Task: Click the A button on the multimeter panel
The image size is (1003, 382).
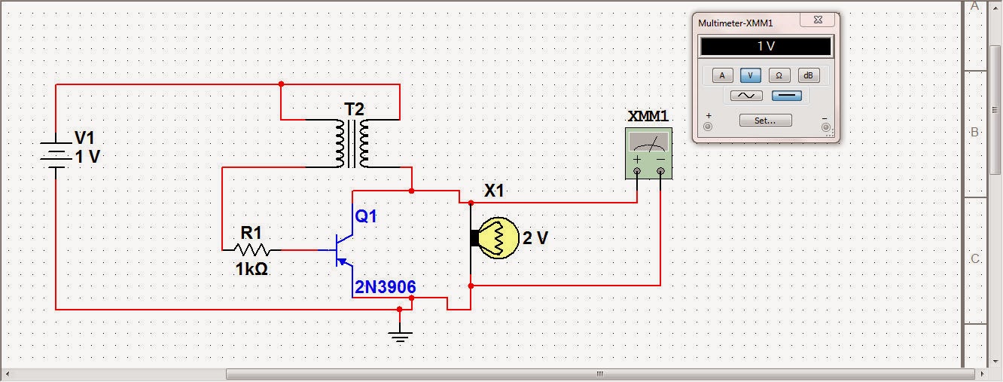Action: pos(722,75)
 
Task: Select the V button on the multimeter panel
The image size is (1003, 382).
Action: pos(750,75)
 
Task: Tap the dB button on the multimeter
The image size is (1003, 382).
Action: pos(808,75)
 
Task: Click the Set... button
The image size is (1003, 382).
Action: pos(765,121)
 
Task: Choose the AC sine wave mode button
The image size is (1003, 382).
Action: pos(745,96)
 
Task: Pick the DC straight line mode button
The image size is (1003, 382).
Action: pos(786,96)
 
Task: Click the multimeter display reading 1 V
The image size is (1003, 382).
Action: pos(765,47)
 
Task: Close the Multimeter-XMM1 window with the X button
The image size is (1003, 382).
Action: pos(817,21)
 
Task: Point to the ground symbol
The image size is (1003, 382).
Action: pos(400,335)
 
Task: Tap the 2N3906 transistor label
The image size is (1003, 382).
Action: pos(385,287)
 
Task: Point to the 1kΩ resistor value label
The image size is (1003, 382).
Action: pos(252,269)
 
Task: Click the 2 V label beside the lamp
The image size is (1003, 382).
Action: pos(535,238)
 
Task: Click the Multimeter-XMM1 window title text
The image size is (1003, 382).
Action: pos(736,23)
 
